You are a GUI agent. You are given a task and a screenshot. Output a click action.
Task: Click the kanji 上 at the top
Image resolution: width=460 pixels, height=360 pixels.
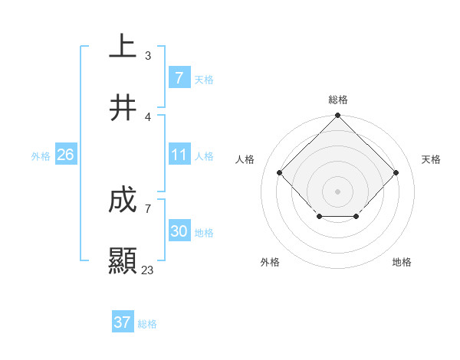click(123, 47)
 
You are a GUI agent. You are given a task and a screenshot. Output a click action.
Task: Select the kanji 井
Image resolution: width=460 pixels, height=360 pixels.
click(123, 108)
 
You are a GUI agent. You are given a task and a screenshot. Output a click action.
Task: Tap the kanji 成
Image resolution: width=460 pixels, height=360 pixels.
click(123, 201)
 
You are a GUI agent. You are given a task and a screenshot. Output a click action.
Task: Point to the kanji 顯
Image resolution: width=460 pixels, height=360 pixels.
click(123, 261)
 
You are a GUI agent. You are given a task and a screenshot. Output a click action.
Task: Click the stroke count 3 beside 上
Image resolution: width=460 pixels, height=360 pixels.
click(147, 56)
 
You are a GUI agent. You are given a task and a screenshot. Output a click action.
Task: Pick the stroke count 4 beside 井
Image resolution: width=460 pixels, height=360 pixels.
click(147, 117)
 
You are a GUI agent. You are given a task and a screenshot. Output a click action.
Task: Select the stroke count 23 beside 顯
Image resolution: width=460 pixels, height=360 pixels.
click(147, 270)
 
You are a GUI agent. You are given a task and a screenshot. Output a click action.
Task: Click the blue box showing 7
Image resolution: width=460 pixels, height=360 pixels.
click(179, 77)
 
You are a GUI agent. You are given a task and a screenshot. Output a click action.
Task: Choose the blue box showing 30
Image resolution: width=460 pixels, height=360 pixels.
click(179, 231)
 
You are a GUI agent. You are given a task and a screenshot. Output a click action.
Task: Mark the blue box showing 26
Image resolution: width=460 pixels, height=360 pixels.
click(65, 155)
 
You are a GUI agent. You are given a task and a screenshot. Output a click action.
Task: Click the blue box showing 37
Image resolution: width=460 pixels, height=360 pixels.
click(122, 322)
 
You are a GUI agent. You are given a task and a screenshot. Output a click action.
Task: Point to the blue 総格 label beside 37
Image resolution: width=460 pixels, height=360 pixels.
click(147, 324)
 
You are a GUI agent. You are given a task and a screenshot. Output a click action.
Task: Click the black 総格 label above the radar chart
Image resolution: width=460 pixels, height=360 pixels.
click(338, 100)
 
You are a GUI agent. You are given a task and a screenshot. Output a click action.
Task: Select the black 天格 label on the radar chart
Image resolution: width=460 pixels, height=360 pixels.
click(431, 159)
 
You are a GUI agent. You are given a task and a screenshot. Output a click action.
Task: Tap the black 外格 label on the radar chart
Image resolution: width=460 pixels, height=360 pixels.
click(270, 262)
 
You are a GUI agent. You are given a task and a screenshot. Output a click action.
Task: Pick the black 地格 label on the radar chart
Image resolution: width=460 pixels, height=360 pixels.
click(402, 262)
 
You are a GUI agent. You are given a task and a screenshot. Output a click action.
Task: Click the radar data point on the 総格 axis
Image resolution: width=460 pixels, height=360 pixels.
click(337, 116)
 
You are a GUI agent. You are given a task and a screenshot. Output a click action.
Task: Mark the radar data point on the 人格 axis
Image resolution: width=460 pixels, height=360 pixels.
click(280, 172)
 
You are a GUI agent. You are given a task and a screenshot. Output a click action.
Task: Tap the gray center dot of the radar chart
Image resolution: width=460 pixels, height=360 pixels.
click(337, 191)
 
